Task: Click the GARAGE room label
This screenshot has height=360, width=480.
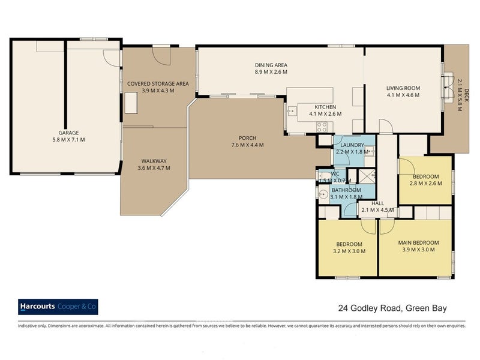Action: coord(68,133)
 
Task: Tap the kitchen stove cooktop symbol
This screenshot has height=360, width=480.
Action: coord(322,127)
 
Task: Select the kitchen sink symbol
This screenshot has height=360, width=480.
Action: coord(292,111)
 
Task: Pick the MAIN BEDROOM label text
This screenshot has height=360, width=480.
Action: coord(418,243)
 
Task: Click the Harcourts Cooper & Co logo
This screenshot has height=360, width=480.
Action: coord(58,307)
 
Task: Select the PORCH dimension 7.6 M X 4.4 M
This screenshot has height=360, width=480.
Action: coord(247,145)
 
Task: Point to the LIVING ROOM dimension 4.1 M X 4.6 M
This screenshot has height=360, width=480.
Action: coord(403,95)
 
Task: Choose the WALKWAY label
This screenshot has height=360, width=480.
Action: coord(154,161)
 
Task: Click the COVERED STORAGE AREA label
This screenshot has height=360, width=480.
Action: coord(158,83)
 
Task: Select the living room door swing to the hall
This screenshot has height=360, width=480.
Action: coord(385,125)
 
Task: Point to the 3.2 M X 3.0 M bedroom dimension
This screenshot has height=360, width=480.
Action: coord(349,251)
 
